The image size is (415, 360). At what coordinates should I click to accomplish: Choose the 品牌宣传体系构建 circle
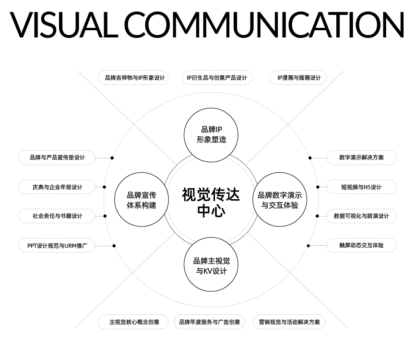pos(141,201)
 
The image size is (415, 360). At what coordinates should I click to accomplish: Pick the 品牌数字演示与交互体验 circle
pos(280,201)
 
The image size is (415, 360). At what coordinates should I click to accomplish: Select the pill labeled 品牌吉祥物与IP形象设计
pos(134,78)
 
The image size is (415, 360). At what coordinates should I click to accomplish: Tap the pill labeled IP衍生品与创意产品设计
pos(217,78)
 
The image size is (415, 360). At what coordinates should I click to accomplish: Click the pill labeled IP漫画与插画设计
pos(298,78)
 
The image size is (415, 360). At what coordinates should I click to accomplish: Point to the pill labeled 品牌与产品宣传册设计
pos(57,157)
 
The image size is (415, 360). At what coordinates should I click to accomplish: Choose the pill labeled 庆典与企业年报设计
pos(57,187)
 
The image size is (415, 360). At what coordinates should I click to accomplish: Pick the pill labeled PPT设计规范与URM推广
pos(57,245)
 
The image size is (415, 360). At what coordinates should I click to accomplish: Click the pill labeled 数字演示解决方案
pos(361,157)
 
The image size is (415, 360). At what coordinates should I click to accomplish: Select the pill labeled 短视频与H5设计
pos(361,187)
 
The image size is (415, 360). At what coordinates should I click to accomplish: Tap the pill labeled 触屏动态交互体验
pos(361,245)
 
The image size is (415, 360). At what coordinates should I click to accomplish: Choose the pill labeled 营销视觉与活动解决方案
pos(289,322)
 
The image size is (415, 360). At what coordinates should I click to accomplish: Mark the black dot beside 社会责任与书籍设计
pos(105,216)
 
